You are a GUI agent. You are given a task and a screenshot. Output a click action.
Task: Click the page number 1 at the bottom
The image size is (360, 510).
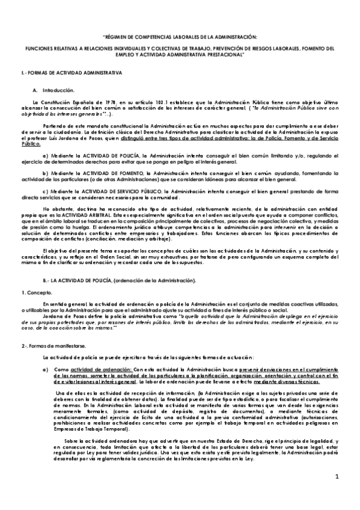click(337, 494)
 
